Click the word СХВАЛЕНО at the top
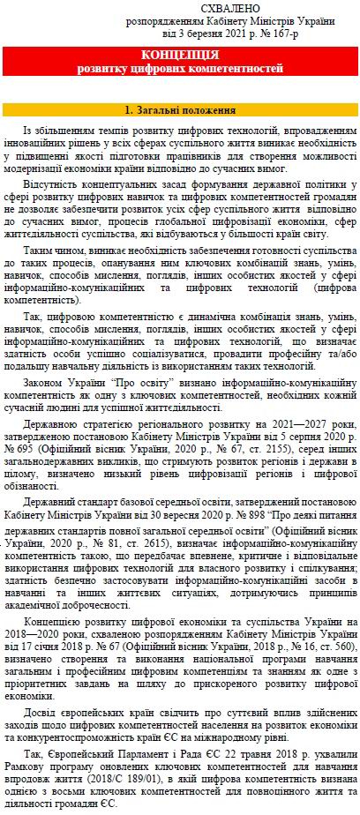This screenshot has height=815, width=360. pos(205,8)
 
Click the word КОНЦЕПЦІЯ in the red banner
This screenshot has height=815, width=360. pos(180,53)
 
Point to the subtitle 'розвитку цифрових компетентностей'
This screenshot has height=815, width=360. pos(180,66)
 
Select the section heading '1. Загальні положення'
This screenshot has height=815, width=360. pos(180,111)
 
